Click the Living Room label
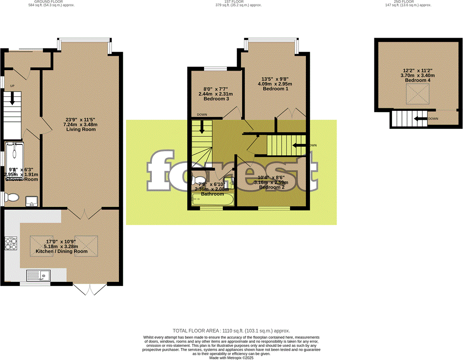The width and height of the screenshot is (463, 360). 81,129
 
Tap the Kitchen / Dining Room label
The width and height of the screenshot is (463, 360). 61,252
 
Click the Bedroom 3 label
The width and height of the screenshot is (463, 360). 215,99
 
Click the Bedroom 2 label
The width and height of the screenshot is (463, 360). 272,187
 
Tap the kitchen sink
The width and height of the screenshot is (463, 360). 39,276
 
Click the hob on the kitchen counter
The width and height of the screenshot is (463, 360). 11,243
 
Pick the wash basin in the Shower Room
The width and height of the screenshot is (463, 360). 32,202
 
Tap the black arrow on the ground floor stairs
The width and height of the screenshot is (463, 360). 12,98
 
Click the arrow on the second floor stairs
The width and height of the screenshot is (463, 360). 421,118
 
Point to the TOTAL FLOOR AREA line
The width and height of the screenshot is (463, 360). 231,331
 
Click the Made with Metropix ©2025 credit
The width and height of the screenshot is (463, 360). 231,358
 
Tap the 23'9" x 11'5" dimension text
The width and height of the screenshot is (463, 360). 81,119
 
